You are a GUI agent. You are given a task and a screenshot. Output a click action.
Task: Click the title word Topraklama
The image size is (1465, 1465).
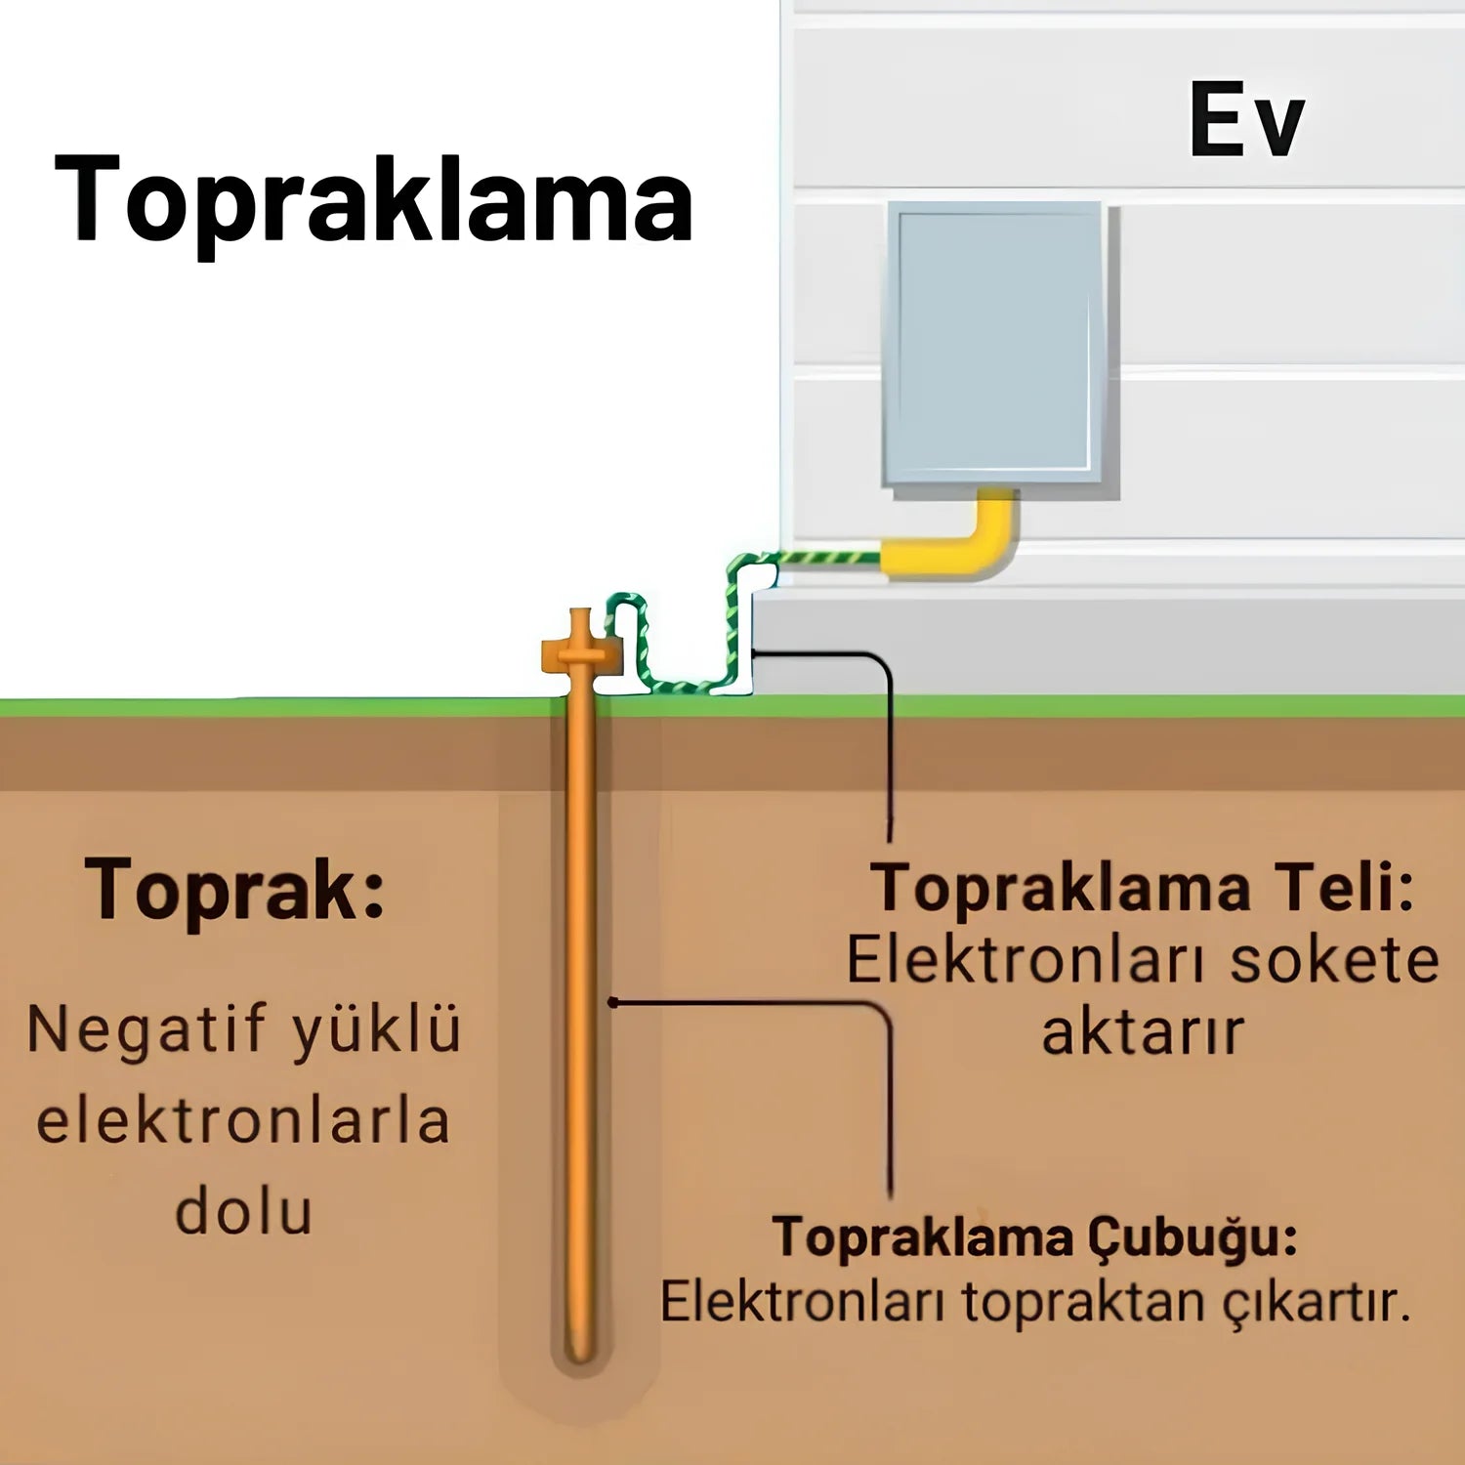373,200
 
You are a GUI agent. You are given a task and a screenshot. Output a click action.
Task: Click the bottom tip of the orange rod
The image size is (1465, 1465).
581,1360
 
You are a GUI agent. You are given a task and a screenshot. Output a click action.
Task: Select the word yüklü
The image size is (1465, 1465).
376,1030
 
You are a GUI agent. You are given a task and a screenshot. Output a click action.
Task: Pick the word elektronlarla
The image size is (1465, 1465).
243,1121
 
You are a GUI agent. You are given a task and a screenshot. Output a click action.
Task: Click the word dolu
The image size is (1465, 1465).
243,1212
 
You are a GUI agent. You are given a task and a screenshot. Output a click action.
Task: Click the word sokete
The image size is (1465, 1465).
1334,960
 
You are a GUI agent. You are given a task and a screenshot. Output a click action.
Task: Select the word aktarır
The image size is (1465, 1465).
1143,1032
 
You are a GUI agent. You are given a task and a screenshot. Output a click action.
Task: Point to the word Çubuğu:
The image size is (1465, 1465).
1193,1238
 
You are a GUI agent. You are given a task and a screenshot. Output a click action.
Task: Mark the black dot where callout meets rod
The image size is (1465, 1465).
612,1002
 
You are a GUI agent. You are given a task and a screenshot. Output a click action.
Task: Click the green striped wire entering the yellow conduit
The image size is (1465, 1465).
830,559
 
